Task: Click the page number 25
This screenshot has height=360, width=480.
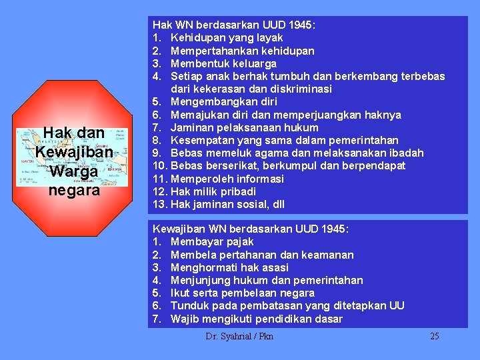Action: click(435, 336)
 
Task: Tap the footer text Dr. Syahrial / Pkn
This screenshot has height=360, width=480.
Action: click(239, 336)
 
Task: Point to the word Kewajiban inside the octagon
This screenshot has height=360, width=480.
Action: click(75, 152)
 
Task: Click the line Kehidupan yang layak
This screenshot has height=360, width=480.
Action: click(227, 38)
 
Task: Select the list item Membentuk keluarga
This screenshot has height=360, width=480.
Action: click(223, 63)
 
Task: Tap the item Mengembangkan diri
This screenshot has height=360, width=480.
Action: click(224, 102)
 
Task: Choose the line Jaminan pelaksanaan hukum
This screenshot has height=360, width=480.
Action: click(245, 127)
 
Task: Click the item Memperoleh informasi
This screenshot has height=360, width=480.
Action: click(227, 179)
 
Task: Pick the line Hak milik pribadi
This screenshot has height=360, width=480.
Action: click(213, 191)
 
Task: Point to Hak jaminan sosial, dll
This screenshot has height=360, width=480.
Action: click(229, 204)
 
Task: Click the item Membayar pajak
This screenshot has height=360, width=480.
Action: click(212, 242)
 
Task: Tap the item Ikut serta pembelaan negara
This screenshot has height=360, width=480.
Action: click(243, 293)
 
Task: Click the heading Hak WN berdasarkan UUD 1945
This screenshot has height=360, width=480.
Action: click(235, 25)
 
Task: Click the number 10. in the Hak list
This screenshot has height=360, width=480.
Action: click(161, 166)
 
